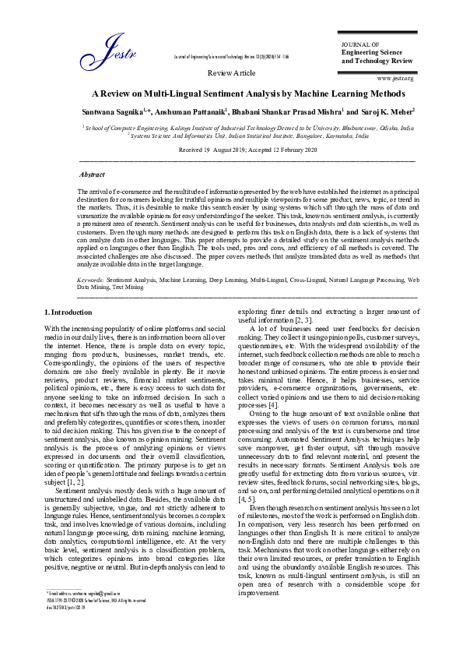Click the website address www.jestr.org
click(x=395, y=79)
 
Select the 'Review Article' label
click(x=231, y=72)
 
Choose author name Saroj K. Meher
click(x=388, y=112)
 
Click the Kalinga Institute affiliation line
click(x=248, y=126)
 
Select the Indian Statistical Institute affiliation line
click(x=248, y=134)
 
